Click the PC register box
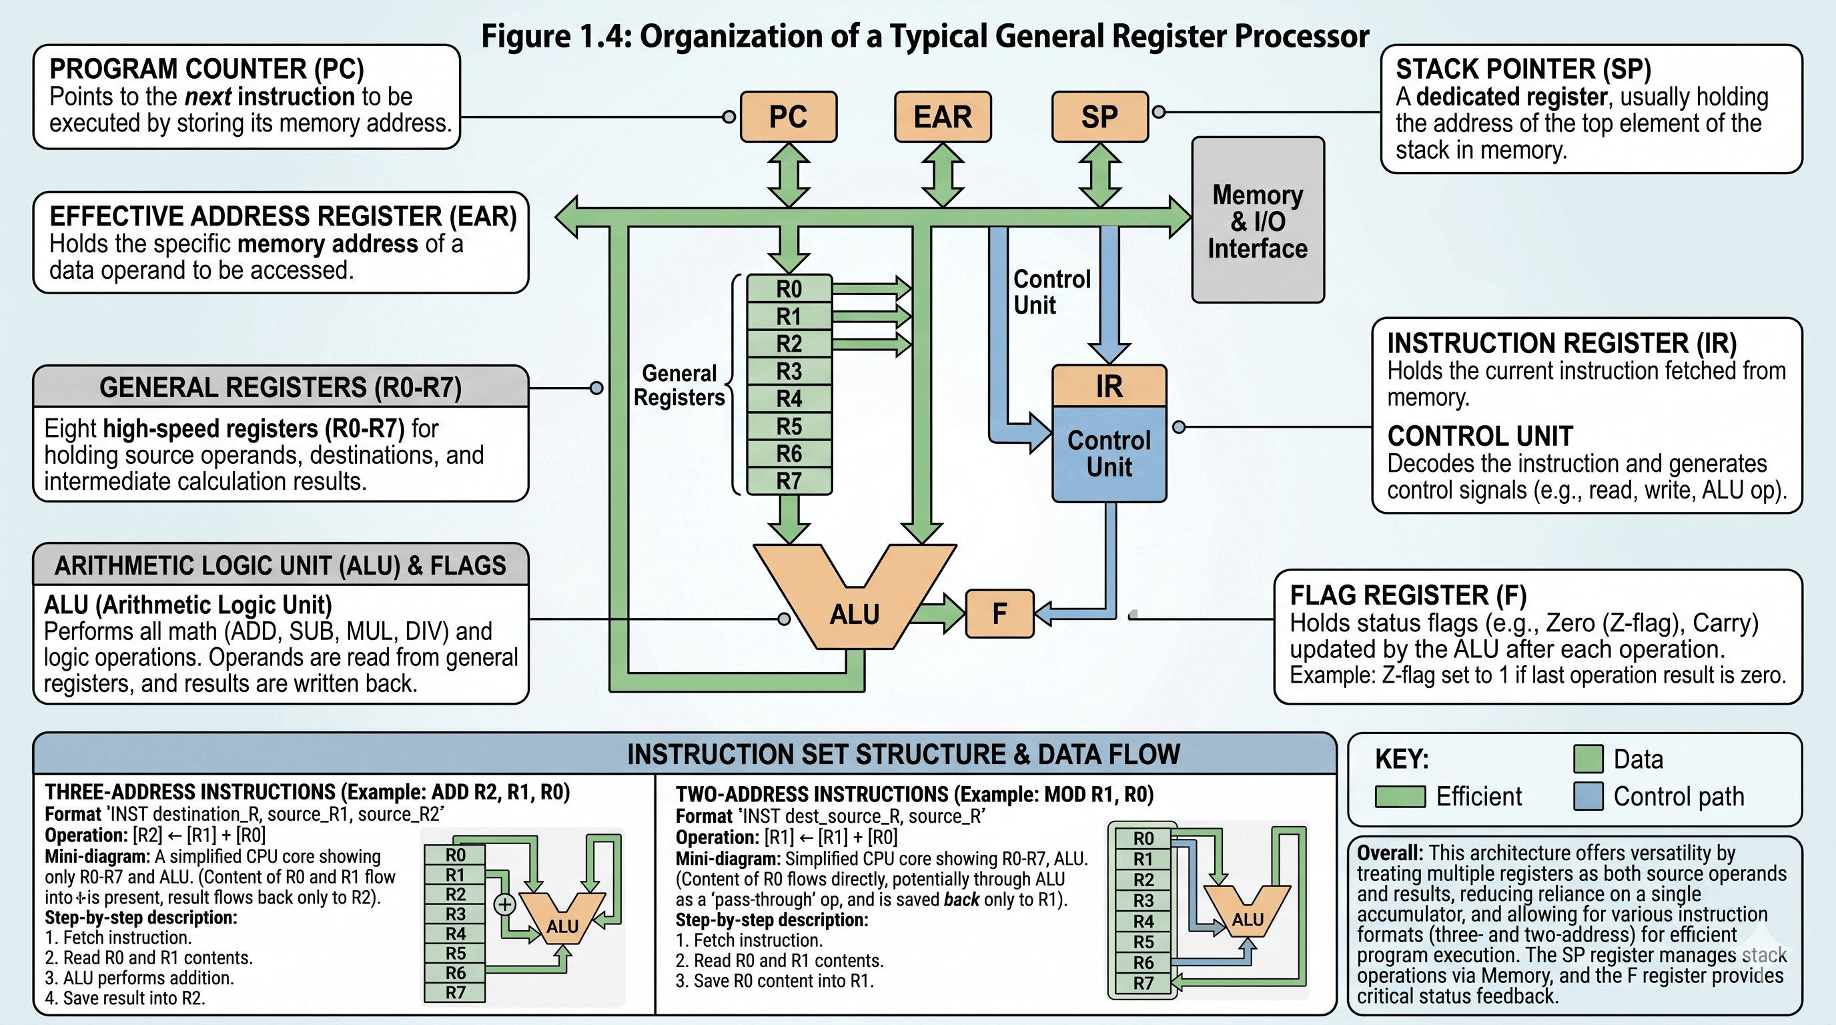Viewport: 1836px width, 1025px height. click(x=789, y=116)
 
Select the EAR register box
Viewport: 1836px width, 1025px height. click(x=943, y=116)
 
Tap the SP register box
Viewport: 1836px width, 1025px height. click(x=1099, y=116)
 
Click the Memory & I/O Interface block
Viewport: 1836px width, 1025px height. click(x=1258, y=220)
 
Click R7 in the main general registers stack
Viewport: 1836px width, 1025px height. click(x=789, y=481)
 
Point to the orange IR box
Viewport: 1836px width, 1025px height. click(x=1109, y=386)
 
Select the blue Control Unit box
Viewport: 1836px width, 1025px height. click(x=1109, y=454)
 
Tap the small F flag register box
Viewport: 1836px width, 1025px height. click(x=999, y=613)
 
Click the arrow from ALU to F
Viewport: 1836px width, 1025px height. click(x=939, y=613)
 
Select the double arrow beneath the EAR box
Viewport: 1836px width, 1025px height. click(x=943, y=175)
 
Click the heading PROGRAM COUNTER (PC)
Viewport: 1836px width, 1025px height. click(x=207, y=69)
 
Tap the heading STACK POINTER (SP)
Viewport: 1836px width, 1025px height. click(x=1523, y=69)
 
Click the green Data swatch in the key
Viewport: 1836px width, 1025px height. click(x=1588, y=759)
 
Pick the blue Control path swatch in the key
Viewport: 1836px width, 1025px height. click(x=1588, y=796)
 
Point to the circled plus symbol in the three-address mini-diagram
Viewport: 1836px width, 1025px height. click(x=504, y=904)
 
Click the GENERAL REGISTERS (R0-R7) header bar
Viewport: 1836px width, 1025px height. click(x=281, y=387)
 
